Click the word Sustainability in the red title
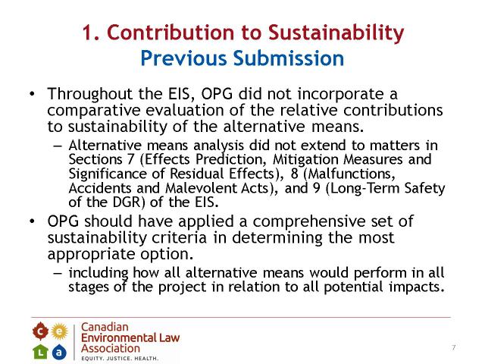(336, 33)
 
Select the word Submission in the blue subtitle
(288, 58)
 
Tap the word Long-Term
(365, 188)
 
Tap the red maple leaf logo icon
(40, 331)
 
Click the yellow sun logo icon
(59, 331)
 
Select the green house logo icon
(40, 352)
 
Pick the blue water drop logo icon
(59, 352)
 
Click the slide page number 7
(453, 347)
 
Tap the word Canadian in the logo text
(105, 327)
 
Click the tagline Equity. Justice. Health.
(120, 358)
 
